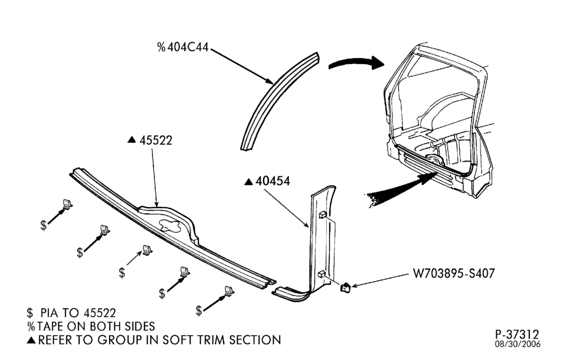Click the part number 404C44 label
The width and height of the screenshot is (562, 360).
188,47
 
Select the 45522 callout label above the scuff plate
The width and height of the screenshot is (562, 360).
156,140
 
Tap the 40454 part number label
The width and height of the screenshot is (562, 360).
273,181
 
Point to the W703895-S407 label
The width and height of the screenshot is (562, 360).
454,273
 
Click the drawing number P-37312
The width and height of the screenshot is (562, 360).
517,335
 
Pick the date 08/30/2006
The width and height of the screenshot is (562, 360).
518,344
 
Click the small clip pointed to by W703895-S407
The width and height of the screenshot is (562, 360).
345,287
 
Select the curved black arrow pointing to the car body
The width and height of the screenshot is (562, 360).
357,63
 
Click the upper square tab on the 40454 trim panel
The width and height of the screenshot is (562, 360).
323,214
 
